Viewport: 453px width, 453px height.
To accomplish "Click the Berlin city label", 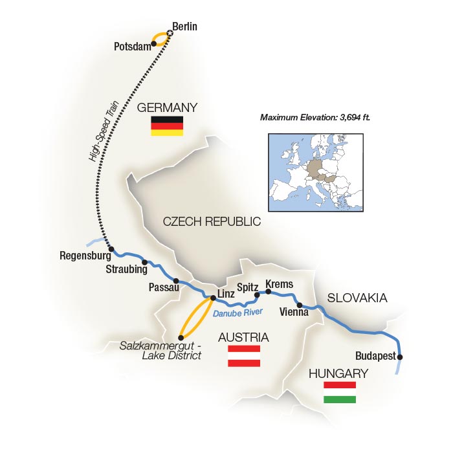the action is (184, 27).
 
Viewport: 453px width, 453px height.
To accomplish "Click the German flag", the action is (167, 126).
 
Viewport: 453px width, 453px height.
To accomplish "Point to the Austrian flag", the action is (244, 356).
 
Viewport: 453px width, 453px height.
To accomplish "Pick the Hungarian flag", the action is (340, 392).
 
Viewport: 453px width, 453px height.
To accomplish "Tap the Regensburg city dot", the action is (111, 249).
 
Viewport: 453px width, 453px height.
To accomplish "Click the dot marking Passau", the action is (176, 281).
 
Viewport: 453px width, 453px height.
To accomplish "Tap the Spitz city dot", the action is (257, 294).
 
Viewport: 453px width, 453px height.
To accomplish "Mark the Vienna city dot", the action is (300, 305).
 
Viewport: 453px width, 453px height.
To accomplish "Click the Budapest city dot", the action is (400, 357).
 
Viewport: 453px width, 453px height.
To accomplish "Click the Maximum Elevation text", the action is (310, 117).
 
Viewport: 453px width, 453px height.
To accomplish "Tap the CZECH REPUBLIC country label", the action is (212, 221).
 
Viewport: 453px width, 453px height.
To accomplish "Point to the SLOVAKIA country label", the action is (357, 298).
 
